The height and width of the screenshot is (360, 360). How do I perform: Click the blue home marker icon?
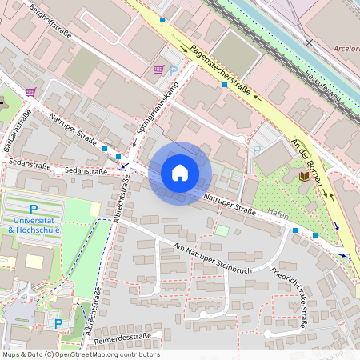180,173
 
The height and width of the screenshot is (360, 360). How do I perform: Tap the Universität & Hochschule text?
34,225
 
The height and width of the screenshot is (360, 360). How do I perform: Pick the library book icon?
304,176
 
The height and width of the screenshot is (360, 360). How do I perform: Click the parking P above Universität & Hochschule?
34,208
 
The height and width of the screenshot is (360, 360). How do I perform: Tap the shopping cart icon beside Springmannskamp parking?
158,70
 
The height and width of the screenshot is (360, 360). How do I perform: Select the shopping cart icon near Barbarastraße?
30,92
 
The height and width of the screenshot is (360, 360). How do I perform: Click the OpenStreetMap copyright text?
80,354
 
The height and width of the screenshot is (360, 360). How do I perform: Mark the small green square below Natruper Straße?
222,230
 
